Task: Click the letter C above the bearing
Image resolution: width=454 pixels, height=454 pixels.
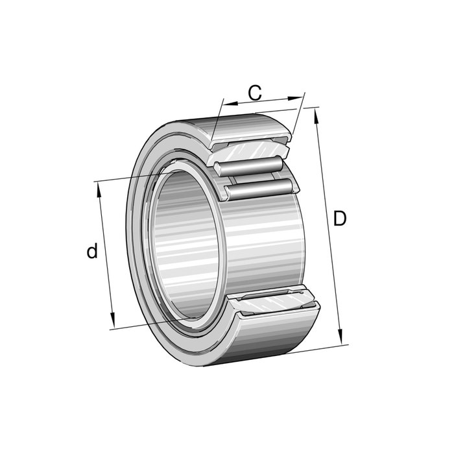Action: [x=255, y=93]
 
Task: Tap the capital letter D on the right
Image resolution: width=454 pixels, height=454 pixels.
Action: [x=340, y=219]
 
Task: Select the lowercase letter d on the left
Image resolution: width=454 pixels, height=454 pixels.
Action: [x=92, y=250]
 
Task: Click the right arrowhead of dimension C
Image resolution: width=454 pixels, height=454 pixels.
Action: [x=294, y=99]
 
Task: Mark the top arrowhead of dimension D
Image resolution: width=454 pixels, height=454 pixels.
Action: [x=317, y=117]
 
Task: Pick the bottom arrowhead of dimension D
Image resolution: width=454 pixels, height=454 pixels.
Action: [x=340, y=337]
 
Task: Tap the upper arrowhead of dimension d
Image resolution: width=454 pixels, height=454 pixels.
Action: [x=99, y=190]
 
